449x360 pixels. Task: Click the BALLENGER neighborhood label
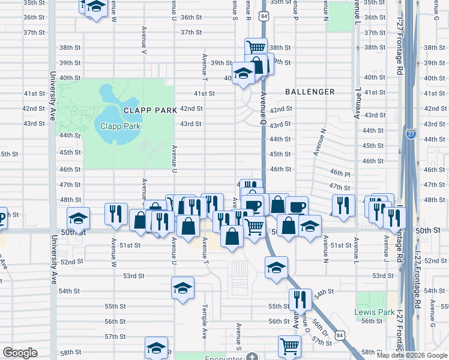pos(310,92)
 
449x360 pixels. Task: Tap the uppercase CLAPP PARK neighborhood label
pos(150,110)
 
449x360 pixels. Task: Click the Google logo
pos(20,353)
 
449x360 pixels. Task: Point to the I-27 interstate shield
pos(411,133)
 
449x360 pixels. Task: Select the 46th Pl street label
pos(340,173)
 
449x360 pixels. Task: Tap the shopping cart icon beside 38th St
pos(256,47)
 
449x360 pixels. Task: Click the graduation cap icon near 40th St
pos(243,74)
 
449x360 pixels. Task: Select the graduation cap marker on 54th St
pos(182,288)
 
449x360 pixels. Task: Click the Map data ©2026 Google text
pos(412,355)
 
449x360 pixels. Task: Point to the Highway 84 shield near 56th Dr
pos(340,335)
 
